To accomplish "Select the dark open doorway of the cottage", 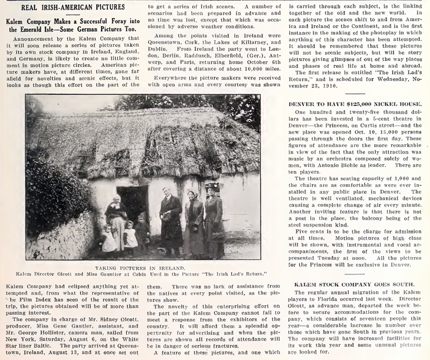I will (x=132, y=202).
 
